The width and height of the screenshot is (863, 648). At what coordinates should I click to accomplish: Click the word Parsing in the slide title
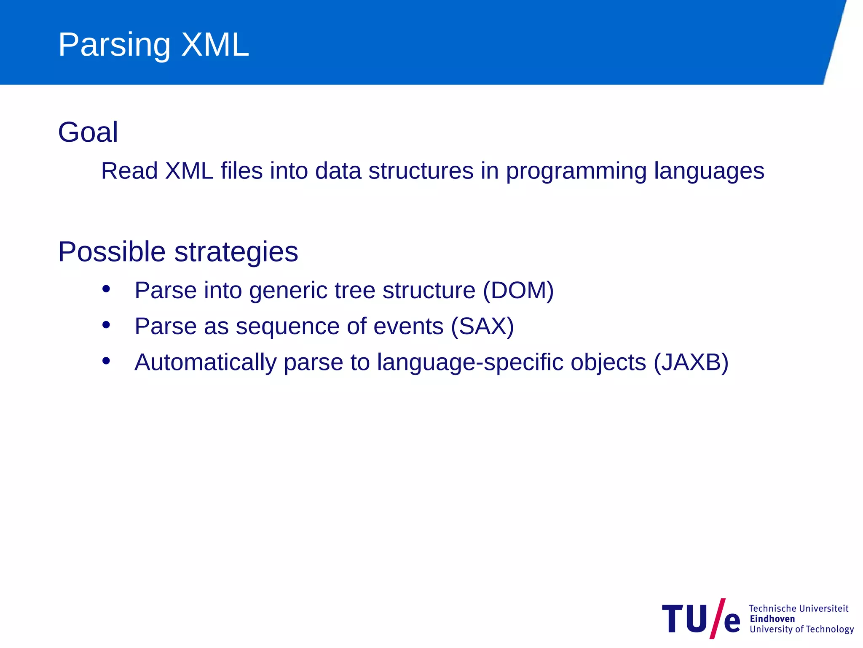[x=114, y=45]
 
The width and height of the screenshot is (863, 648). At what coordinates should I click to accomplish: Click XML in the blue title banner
[x=215, y=45]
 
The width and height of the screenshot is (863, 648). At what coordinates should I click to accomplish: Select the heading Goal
[x=88, y=132]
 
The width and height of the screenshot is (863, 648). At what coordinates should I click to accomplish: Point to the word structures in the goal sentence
[x=421, y=171]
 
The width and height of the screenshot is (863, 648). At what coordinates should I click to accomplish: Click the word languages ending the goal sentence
[x=709, y=171]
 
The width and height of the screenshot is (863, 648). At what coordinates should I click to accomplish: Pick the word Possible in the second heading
[x=112, y=252]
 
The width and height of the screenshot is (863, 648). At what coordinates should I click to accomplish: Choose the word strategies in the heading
[x=236, y=252]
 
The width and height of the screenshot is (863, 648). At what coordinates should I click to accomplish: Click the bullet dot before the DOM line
[x=106, y=289]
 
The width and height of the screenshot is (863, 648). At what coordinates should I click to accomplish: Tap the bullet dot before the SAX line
[x=106, y=325]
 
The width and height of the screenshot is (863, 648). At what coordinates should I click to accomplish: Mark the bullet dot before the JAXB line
[x=106, y=361]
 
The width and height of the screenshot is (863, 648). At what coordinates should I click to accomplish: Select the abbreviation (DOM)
[x=518, y=290]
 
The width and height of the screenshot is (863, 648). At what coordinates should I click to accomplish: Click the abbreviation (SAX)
[x=482, y=326]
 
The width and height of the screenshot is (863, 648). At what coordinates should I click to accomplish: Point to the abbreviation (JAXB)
[x=691, y=362]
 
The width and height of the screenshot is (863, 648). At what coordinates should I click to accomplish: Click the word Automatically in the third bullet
[x=205, y=362]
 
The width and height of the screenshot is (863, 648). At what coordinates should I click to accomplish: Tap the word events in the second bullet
[x=408, y=326]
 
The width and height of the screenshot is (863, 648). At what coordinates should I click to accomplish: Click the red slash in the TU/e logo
[x=717, y=618]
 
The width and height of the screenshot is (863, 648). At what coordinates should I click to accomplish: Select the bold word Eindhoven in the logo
[x=772, y=619]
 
